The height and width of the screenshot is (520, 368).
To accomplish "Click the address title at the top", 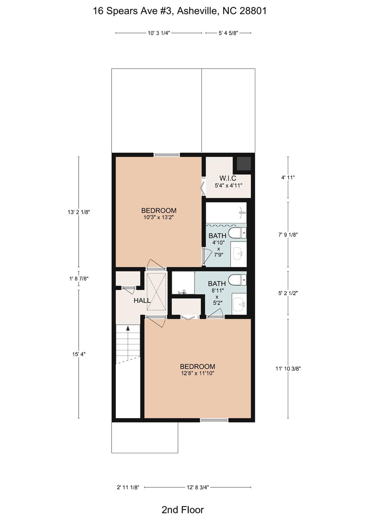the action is tap(180, 11).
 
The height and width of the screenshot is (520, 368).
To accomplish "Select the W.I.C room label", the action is tap(228, 178).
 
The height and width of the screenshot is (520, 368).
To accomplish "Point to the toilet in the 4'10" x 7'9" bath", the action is tap(237, 233).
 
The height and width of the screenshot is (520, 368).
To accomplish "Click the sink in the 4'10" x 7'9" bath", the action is tap(238, 254).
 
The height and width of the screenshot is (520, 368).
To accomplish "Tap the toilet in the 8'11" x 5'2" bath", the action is tap(237, 280).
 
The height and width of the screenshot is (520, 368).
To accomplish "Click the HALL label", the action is tap(142, 301).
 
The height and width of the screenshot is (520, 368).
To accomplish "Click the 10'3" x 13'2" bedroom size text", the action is tap(159, 218).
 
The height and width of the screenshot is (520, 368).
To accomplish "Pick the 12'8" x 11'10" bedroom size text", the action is tap(197, 373).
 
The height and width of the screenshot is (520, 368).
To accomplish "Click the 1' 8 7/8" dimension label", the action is tap(79, 278).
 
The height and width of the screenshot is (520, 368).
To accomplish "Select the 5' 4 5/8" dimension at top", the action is tap(228, 33).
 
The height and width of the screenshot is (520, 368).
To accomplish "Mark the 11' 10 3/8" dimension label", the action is tap(288, 368).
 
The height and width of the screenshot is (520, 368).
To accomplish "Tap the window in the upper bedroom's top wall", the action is tap(167, 155).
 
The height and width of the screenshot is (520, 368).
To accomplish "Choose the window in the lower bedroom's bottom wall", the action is tap(214, 420).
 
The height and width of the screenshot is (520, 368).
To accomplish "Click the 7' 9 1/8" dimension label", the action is tap(288, 235).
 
